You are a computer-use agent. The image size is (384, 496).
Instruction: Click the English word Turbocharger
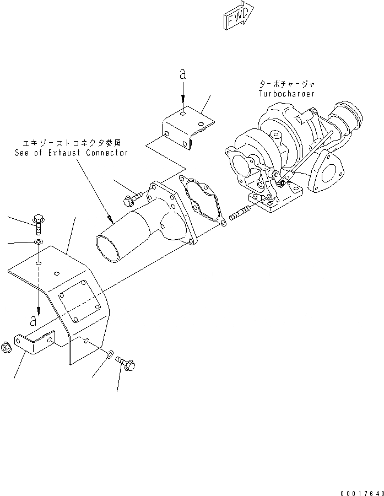coord(286,94)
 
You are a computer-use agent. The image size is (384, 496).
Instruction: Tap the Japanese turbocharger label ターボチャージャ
coord(286,84)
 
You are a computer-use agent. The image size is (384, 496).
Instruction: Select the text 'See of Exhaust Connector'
coord(72,153)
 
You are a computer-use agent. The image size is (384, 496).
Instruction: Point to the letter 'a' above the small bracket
coord(182,74)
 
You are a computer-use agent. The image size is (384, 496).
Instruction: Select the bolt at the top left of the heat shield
coord(40,222)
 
